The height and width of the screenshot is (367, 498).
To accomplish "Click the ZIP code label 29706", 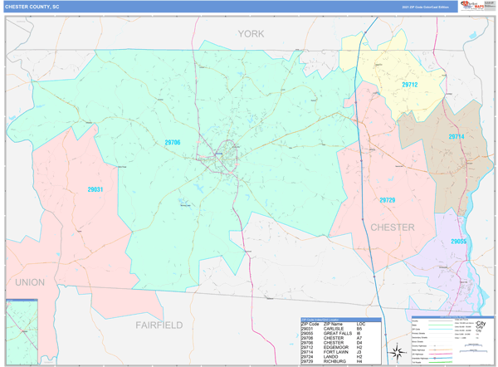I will click(173, 143).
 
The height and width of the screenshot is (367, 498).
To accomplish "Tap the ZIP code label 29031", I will click(95, 189).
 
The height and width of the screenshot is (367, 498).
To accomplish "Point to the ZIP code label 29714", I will click(456, 137).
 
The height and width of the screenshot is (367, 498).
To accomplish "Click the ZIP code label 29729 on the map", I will click(388, 200).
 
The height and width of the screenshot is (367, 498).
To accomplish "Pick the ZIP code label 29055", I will click(459, 242).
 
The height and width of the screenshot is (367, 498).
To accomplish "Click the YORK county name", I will click(250, 34).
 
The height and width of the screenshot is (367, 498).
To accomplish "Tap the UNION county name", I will click(30, 282).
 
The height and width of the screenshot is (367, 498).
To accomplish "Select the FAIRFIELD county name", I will click(159, 325).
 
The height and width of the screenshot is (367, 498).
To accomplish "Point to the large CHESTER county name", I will click(393, 227).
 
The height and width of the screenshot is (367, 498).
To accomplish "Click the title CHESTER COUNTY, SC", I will click(32, 6).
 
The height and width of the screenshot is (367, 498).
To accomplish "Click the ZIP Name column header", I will click(334, 324).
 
